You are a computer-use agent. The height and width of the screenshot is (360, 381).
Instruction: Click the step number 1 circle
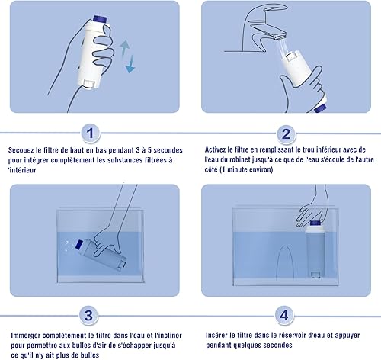point(90,133)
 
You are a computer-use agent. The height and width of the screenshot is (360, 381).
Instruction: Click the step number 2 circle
point(286,133)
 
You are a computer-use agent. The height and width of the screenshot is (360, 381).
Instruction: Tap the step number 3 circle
point(88,316)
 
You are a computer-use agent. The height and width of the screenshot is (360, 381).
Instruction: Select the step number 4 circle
point(284,316)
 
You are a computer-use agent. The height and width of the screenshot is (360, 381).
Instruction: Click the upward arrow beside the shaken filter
point(124,48)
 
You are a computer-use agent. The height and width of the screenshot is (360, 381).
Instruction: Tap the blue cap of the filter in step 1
point(98,18)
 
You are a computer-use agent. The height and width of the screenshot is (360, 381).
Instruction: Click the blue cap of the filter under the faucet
point(320,108)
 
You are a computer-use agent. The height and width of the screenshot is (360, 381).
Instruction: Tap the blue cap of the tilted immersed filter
point(79,245)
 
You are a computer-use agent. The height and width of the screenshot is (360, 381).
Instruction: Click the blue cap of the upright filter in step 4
point(315,223)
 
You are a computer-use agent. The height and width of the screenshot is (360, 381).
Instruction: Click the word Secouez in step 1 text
point(21,150)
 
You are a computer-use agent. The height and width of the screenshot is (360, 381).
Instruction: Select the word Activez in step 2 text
point(216,149)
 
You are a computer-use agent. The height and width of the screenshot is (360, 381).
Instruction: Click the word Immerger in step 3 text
point(25,336)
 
